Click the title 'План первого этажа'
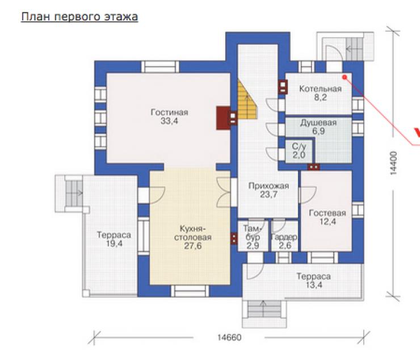79,16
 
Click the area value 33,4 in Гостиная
169,121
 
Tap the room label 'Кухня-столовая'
192,233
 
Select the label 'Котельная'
320,89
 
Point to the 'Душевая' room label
318,123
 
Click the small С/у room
299,151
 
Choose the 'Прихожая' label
268,186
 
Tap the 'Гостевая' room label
327,213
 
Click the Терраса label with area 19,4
114,235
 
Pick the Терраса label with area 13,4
314,277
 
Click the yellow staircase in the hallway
247,101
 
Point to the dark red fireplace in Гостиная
224,118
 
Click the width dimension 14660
229,337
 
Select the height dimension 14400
393,163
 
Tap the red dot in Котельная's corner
345,77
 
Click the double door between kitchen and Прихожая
224,192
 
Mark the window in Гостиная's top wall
160,67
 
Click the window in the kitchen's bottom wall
190,291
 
